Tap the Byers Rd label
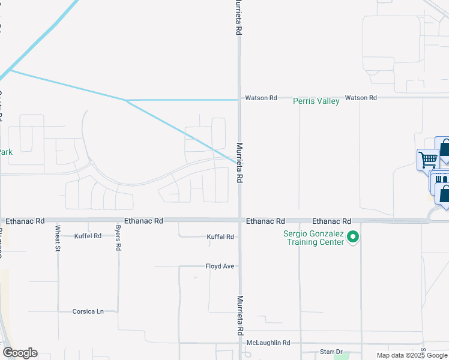click(118, 238)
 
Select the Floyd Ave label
click(219, 266)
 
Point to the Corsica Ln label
click(88, 311)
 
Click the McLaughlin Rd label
click(268, 343)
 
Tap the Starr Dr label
click(330, 352)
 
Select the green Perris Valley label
click(316, 101)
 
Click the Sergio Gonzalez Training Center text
click(315, 238)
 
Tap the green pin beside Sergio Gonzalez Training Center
click(353, 238)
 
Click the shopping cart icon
click(427, 160)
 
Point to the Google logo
click(20, 353)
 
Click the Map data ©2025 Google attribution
click(412, 355)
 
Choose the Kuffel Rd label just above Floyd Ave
click(220, 237)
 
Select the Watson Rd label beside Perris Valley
click(360, 97)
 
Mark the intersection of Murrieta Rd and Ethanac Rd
click(240, 221)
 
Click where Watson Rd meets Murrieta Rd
click(240, 98)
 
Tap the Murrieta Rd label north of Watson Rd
click(238, 17)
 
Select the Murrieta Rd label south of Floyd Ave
click(240, 315)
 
